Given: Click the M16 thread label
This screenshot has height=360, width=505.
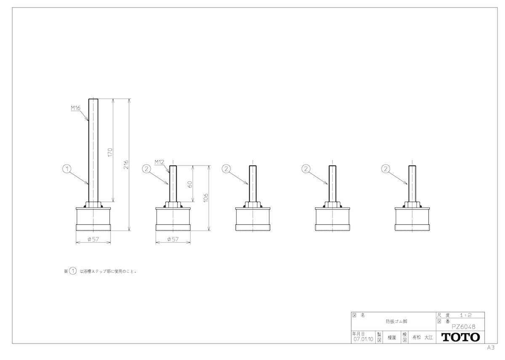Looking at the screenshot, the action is coord(75,108).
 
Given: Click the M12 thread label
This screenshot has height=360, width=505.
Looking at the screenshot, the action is coord(159,162).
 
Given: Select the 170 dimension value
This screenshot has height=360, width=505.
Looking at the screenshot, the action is coord(110,152).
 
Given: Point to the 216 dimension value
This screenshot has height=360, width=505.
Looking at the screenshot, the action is coord(126,165).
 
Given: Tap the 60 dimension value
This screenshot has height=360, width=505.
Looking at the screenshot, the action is coord(190,184).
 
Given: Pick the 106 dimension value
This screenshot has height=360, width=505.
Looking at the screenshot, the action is coord(206,198).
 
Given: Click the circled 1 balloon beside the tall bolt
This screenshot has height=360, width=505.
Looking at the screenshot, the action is coord(67,169).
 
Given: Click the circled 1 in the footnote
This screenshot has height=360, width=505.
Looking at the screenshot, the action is coord(72,271).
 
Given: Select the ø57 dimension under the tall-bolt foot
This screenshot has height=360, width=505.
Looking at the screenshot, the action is coord(93,239).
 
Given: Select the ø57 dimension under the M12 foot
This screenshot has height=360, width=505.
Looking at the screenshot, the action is coord(173,239).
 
